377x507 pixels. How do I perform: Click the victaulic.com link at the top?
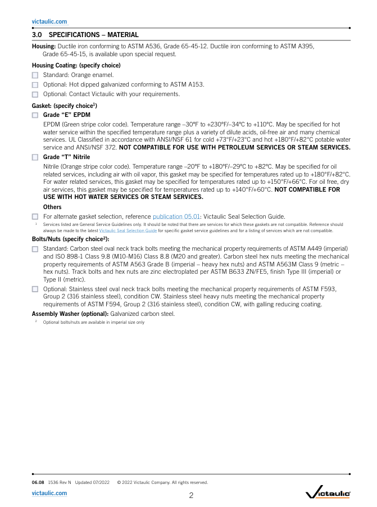tap(49, 22)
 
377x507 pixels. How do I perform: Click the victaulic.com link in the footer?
tap(49, 493)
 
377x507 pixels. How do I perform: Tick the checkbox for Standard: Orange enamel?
tap(35, 75)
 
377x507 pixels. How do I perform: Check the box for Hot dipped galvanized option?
tap(35, 84)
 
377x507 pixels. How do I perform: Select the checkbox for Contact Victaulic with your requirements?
tap(35, 94)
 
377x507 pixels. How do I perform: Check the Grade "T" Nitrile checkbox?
tap(35, 157)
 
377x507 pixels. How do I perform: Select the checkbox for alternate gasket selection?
tap(35, 217)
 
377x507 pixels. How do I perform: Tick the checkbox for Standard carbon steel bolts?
tap(35, 248)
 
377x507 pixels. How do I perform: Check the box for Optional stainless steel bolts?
tap(35, 289)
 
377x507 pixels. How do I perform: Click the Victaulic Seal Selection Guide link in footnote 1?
tap(128, 230)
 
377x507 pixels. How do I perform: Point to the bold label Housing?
tap(44, 46)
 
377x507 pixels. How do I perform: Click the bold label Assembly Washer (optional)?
tap(70, 314)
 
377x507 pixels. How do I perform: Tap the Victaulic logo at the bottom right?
tap(328, 494)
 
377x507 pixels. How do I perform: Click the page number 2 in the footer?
tap(191, 495)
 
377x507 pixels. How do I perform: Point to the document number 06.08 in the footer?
tap(38, 482)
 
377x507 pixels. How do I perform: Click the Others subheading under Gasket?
tap(53, 207)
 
